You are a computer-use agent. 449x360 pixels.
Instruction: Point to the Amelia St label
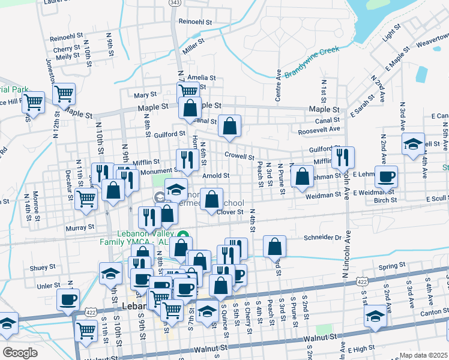[201, 77]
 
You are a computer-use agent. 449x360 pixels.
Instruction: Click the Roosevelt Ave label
[319, 129]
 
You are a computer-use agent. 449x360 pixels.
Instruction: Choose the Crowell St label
[240, 156]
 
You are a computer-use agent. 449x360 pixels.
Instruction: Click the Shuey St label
[43, 267]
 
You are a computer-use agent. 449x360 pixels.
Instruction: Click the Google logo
[20, 352]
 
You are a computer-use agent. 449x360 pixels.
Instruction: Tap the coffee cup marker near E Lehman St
[386, 177]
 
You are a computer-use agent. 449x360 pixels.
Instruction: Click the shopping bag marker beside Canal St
[229, 125]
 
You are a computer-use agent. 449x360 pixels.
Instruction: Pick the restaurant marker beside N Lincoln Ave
[343, 157]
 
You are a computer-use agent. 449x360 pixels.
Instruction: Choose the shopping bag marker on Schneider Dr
[274, 246]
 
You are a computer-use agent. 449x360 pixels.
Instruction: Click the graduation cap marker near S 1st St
[375, 314]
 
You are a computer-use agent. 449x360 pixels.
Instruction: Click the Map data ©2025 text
[424, 355]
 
